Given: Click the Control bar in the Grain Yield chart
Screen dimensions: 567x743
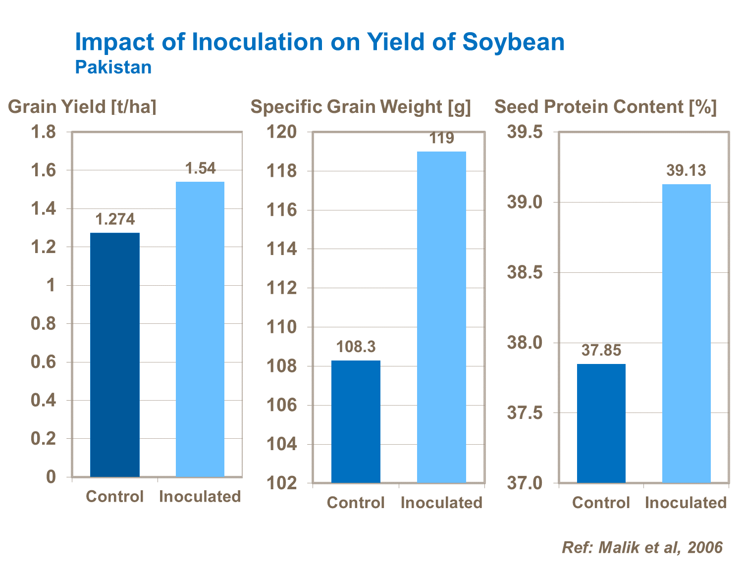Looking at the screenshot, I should point(115,355).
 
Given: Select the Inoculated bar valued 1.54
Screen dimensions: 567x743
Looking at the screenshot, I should point(200,329).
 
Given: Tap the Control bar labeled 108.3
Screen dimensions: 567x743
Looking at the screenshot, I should point(356,421).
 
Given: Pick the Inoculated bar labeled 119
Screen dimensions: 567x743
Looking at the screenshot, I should point(441,317).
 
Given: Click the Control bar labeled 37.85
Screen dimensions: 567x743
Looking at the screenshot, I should point(601,423).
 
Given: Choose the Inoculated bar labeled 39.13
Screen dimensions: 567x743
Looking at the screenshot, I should point(687,333).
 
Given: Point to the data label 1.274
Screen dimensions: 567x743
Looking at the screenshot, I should point(115,219).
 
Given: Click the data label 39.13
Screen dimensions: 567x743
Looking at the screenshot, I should point(686,171).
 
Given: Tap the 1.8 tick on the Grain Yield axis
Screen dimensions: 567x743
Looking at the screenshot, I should point(43,132).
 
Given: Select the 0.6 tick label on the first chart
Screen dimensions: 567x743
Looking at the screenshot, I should point(43,362).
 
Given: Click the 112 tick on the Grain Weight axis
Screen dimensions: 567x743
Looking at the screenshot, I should point(282,288).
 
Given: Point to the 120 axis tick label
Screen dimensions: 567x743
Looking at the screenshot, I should point(282,132).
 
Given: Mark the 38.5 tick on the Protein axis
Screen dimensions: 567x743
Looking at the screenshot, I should point(525,272).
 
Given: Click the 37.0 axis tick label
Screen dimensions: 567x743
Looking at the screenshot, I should point(525,483).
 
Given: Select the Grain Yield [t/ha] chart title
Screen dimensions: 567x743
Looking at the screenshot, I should point(82,107).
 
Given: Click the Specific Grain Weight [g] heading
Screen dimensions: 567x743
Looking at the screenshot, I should point(361,107).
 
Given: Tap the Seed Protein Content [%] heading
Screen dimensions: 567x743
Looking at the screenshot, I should point(605,107).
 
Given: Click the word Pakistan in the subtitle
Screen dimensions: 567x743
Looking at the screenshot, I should point(113,67).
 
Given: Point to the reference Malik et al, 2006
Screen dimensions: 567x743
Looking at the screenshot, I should point(642,547).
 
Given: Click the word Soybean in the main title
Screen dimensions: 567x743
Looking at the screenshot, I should point(513,42).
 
